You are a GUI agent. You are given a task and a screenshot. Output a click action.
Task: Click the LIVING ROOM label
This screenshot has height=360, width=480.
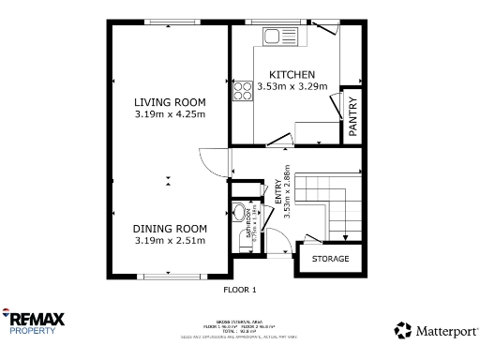click(169, 102)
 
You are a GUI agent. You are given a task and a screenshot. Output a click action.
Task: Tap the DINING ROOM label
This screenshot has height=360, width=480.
click(169, 228)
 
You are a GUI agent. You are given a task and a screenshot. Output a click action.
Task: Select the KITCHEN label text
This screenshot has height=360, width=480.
click(292, 74)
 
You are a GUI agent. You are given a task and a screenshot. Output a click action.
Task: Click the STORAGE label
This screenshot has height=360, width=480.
click(330, 259)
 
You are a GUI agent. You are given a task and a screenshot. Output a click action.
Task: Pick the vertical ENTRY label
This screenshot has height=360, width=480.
click(277, 192)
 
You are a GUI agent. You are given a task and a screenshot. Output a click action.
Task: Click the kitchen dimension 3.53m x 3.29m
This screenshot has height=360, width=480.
click(292, 86)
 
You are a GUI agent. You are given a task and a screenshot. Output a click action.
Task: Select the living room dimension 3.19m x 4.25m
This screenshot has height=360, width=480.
click(169, 114)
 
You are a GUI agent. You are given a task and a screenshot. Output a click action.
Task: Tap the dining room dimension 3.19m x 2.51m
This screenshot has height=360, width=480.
click(169, 240)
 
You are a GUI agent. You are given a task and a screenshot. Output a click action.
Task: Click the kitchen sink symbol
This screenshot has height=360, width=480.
click(278, 37)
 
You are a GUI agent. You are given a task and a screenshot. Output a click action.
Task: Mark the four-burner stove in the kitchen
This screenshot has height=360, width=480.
click(242, 90)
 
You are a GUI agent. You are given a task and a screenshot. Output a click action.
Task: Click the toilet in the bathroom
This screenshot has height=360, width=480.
click(241, 211)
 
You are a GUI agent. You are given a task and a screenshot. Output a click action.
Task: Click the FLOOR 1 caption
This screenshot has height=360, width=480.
click(239, 290)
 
